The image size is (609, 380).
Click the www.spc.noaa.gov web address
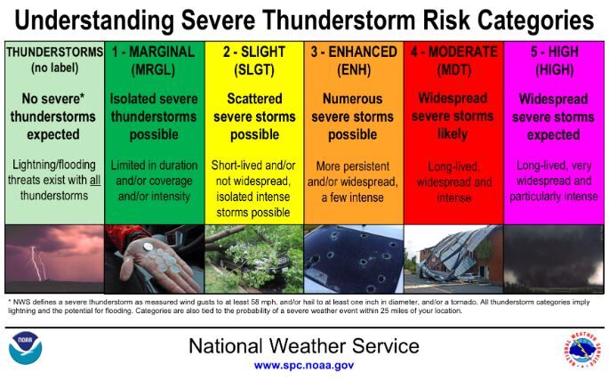click(303, 365)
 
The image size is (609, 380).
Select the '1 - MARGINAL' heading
click(155, 52)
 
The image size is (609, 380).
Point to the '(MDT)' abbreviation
click(453, 69)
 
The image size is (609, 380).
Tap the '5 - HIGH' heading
click(553, 52)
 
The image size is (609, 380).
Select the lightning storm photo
click(54, 259)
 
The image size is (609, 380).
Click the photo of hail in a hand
click(155, 259)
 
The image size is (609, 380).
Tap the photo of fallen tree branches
click(254, 259)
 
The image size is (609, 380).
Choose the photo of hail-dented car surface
click(353, 259)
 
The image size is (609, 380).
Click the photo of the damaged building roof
click(453, 259)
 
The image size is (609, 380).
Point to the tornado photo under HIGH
click(553, 259)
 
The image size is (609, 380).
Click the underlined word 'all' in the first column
click(86, 182)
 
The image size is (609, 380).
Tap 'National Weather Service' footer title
click(303, 345)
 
